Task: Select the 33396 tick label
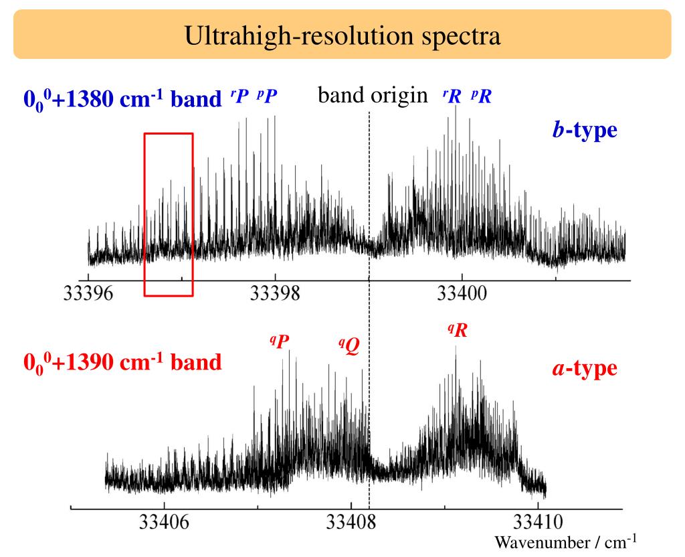[88, 295]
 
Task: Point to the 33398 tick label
[275, 295]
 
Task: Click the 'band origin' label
[372, 96]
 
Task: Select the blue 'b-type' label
[579, 130]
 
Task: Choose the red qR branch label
[458, 329]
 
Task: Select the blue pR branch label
[481, 97]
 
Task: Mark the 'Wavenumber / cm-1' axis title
[565, 541]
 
